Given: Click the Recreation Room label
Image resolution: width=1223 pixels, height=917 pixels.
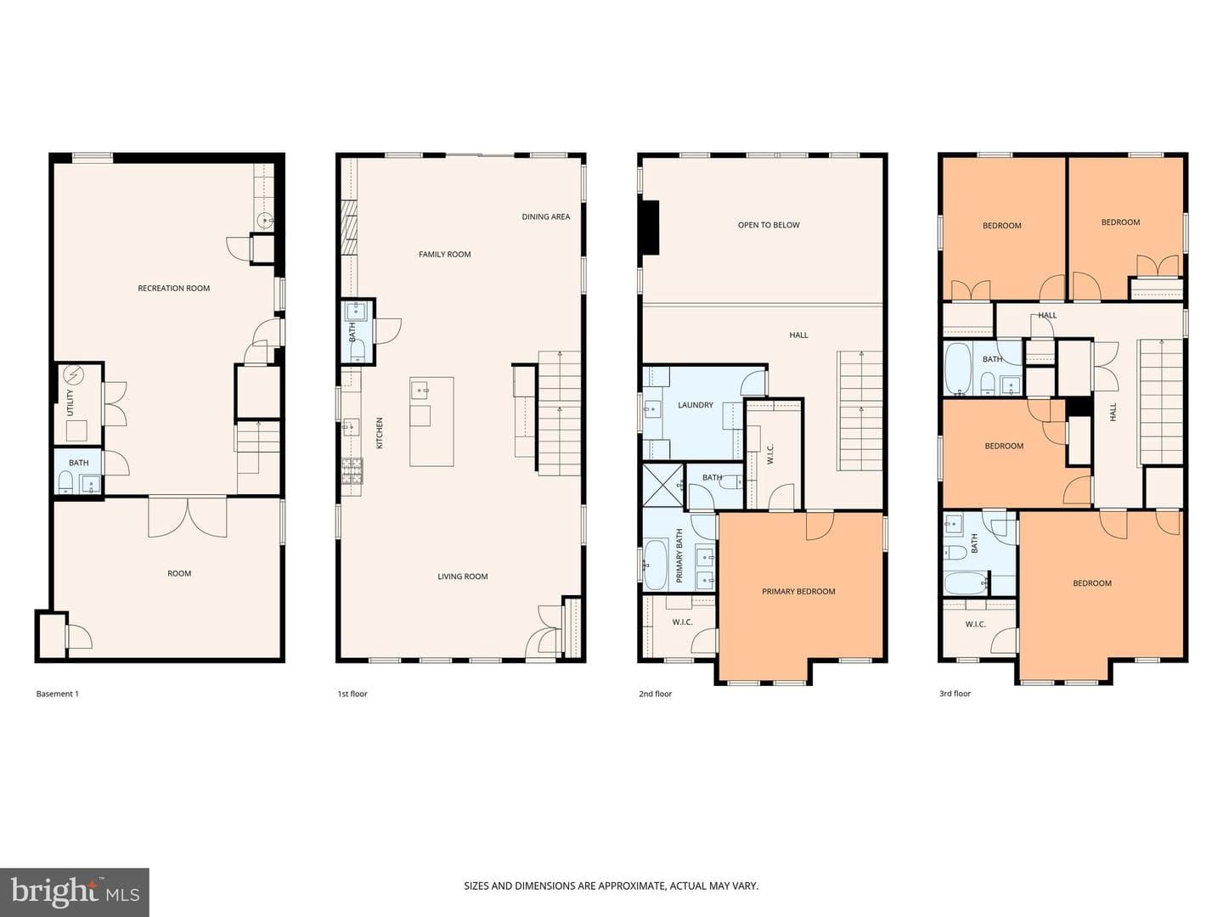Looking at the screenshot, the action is (174, 289).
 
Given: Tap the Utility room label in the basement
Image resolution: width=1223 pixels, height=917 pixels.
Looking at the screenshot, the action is (70, 402).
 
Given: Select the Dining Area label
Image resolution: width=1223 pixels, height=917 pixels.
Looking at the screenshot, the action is (546, 217).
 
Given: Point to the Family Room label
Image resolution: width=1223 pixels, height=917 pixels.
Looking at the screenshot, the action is (445, 255).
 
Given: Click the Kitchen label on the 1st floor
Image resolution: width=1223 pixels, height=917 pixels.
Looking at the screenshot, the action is (380, 433).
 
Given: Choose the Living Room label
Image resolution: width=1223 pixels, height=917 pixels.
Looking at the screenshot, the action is (463, 577).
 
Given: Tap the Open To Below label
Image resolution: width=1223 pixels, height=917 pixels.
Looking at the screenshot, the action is (769, 225).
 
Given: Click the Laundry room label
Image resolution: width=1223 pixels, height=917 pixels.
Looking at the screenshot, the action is (696, 405).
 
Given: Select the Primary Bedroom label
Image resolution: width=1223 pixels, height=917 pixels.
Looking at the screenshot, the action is (798, 591).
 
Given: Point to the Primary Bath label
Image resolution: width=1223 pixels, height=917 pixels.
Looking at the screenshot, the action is (679, 555).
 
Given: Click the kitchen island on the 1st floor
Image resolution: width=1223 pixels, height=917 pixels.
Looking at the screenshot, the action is (431, 421).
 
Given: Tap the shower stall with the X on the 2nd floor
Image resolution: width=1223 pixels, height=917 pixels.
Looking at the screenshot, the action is (663, 485).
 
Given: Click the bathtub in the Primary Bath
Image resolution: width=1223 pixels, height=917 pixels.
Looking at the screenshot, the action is (656, 565).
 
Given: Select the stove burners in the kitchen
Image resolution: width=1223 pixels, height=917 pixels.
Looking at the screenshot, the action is (352, 471).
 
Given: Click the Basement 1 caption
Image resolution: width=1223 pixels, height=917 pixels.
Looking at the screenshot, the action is (58, 694).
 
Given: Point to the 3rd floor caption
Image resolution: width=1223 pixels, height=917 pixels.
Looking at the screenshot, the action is (955, 694).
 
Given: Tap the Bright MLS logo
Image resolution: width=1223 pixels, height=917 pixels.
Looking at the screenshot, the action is (74, 892).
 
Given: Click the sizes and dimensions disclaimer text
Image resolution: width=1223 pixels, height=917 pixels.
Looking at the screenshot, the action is (611, 886).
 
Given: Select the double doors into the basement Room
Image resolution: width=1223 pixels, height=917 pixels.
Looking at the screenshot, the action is (188, 516).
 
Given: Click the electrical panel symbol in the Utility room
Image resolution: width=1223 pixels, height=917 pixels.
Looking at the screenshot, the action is (72, 376).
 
